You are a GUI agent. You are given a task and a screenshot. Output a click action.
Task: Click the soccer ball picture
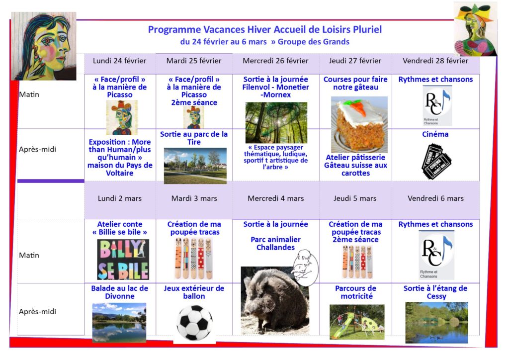tap(194, 323)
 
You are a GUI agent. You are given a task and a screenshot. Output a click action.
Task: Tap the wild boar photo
tap(275, 301)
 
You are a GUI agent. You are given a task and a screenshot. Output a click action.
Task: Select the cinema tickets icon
tap(436, 161)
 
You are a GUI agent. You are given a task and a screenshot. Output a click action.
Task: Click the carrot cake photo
tap(359, 124)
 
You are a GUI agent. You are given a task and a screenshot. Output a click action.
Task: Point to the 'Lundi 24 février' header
tap(119, 61)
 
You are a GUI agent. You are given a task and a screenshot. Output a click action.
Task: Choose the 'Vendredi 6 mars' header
tap(435, 198)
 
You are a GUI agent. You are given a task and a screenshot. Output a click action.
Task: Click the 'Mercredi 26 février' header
tap(275, 61)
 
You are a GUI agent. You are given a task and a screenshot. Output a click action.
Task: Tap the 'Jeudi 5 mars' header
tap(355, 198)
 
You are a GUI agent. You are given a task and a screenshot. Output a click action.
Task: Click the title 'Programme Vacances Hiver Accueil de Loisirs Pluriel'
tap(265, 29)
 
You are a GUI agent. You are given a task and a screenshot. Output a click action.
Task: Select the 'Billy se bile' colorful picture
tap(123, 260)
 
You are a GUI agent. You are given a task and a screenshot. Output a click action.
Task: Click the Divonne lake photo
tap(119, 323)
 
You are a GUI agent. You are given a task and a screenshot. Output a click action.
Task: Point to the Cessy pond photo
tap(436, 323)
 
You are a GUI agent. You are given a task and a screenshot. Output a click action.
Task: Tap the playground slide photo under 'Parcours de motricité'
tap(357, 322)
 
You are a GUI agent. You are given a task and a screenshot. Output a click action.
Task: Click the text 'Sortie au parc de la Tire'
tap(194, 138)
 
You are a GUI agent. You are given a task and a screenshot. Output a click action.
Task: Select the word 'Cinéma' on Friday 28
tap(435, 134)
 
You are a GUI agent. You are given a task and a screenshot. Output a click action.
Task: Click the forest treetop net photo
tap(276, 123)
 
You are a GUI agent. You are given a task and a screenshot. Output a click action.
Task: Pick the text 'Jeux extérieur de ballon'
tap(194, 292)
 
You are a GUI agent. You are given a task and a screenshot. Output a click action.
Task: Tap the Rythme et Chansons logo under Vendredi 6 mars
tap(436, 255)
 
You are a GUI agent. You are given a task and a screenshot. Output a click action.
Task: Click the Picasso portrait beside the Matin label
tap(44, 46)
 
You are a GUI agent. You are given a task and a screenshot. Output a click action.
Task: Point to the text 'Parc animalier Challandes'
tap(275, 244)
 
